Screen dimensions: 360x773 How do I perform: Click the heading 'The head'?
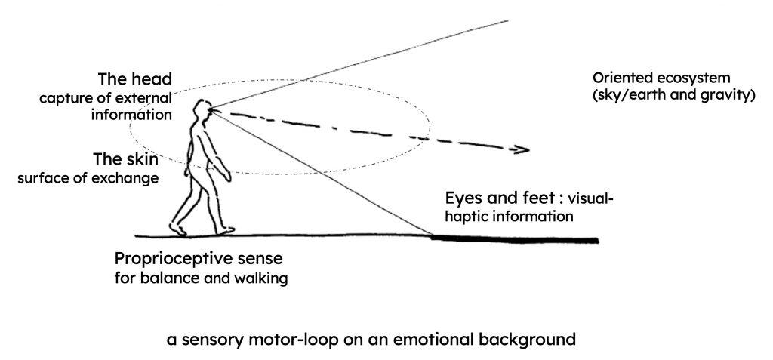point(135,80)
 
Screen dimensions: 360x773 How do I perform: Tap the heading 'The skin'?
point(124,160)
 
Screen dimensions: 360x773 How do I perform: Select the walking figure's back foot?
point(177,228)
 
